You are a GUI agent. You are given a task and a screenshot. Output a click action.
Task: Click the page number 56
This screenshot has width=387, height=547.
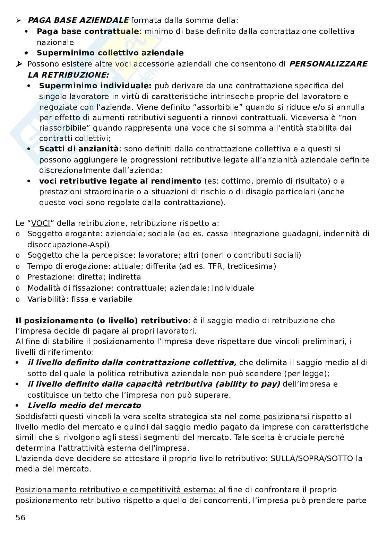point(20,518)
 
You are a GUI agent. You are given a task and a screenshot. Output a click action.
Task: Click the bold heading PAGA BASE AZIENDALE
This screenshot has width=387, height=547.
point(78,20)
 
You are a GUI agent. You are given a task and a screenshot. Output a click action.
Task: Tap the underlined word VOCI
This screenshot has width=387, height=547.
point(41,223)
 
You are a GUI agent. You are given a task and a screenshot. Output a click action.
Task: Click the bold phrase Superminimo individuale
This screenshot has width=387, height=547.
point(95,86)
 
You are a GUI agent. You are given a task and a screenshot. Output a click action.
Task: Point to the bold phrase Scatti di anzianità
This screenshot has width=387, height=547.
point(79,149)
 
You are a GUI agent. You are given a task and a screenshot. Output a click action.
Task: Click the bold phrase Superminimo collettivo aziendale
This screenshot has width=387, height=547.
point(110,53)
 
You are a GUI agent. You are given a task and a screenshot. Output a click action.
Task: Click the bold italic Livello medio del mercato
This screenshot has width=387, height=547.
point(84,405)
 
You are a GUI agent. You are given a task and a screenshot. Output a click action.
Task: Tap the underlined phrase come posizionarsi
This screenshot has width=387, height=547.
point(274,416)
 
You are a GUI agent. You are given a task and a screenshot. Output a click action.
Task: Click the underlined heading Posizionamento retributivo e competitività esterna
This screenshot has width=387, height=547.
point(117,489)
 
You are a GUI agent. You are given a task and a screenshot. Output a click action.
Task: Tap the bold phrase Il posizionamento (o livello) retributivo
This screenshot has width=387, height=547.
point(101,320)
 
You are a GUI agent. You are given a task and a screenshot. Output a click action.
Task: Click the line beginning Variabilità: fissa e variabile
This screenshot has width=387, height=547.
point(79,299)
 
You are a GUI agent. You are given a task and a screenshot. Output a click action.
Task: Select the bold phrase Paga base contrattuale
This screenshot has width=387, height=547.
point(87,32)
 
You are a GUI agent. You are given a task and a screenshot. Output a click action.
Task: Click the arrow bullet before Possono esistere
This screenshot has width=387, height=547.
point(19,64)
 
